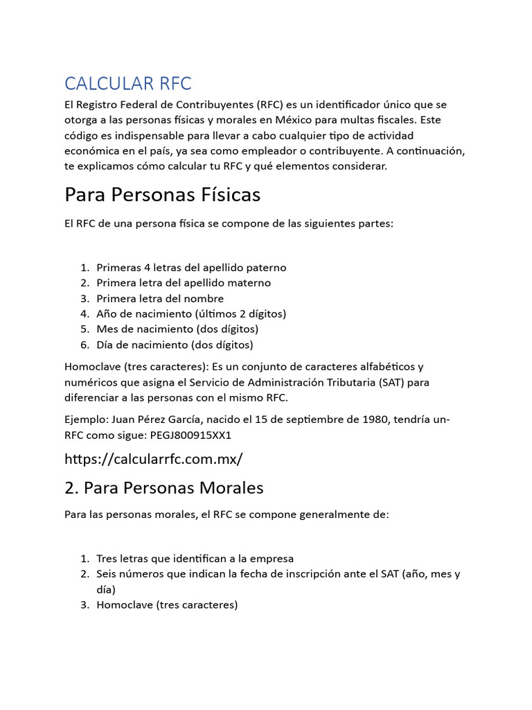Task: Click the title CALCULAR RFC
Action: (x=127, y=83)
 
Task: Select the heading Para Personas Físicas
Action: (x=162, y=195)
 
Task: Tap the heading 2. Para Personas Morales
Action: (x=163, y=487)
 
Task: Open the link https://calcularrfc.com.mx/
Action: (x=154, y=459)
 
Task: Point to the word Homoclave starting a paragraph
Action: (x=89, y=366)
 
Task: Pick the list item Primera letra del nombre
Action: (x=160, y=298)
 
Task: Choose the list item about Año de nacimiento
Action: (x=191, y=313)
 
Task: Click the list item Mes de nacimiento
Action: (x=177, y=329)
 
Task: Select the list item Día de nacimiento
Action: (x=175, y=344)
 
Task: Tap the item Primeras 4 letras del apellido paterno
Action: (x=191, y=268)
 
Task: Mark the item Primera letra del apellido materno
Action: (x=184, y=283)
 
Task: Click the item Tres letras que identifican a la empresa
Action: (x=195, y=558)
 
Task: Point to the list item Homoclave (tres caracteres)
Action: (x=167, y=605)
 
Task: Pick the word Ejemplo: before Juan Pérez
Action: (x=87, y=420)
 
